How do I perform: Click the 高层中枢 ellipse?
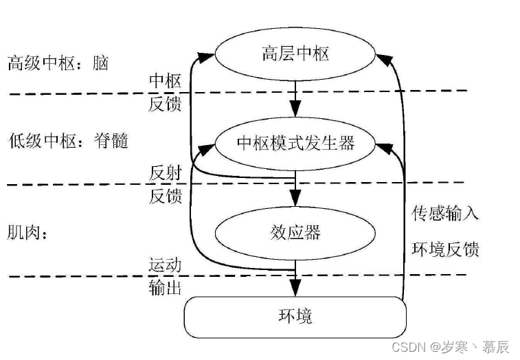[x=295, y=54]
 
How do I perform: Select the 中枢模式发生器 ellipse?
[x=295, y=143]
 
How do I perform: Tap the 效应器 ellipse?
[x=295, y=232]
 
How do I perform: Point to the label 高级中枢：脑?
[x=58, y=63]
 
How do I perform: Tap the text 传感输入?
[x=445, y=214]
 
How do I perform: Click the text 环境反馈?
[x=445, y=249]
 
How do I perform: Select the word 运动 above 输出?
[x=166, y=265]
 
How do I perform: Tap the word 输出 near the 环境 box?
[x=166, y=287]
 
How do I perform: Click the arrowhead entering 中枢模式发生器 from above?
[x=295, y=110]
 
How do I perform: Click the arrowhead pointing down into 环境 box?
[x=295, y=289]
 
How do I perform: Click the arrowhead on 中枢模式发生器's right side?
[x=384, y=146]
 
